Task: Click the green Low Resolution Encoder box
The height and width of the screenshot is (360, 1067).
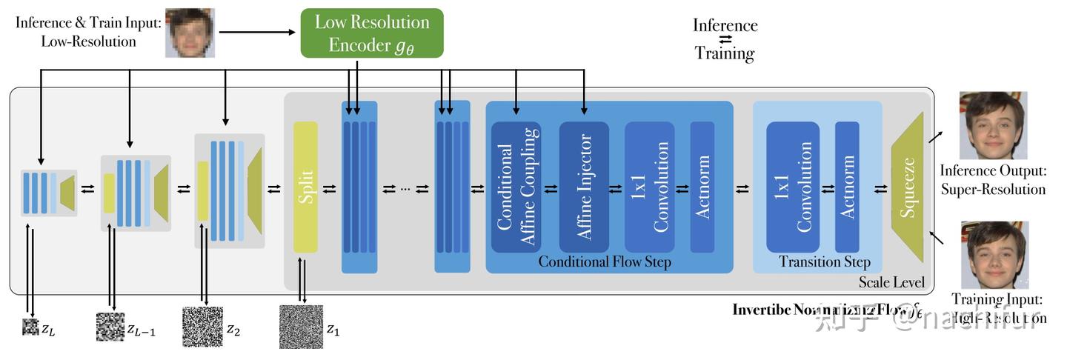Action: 371,33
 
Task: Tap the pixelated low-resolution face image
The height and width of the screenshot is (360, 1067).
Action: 190,33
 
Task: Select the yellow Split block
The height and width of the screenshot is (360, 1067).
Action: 305,187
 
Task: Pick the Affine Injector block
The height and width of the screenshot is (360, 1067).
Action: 584,187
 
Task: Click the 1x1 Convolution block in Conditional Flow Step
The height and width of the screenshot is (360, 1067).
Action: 649,187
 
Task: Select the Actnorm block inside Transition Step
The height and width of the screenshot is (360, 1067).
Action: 847,187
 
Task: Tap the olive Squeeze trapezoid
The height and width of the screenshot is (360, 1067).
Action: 908,187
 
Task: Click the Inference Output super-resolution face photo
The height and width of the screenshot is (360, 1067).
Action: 993,125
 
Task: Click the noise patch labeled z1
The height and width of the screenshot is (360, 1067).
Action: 301,327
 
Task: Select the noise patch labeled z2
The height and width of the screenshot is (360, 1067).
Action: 202,327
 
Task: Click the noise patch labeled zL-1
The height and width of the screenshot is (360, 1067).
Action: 110,327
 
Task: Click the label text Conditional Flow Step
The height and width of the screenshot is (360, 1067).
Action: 605,262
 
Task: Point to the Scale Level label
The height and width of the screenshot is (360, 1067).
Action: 891,282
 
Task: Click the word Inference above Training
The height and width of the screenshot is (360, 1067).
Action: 725,25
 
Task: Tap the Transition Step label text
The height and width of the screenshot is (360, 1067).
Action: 825,262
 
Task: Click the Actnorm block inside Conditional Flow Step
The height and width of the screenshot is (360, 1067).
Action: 702,187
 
